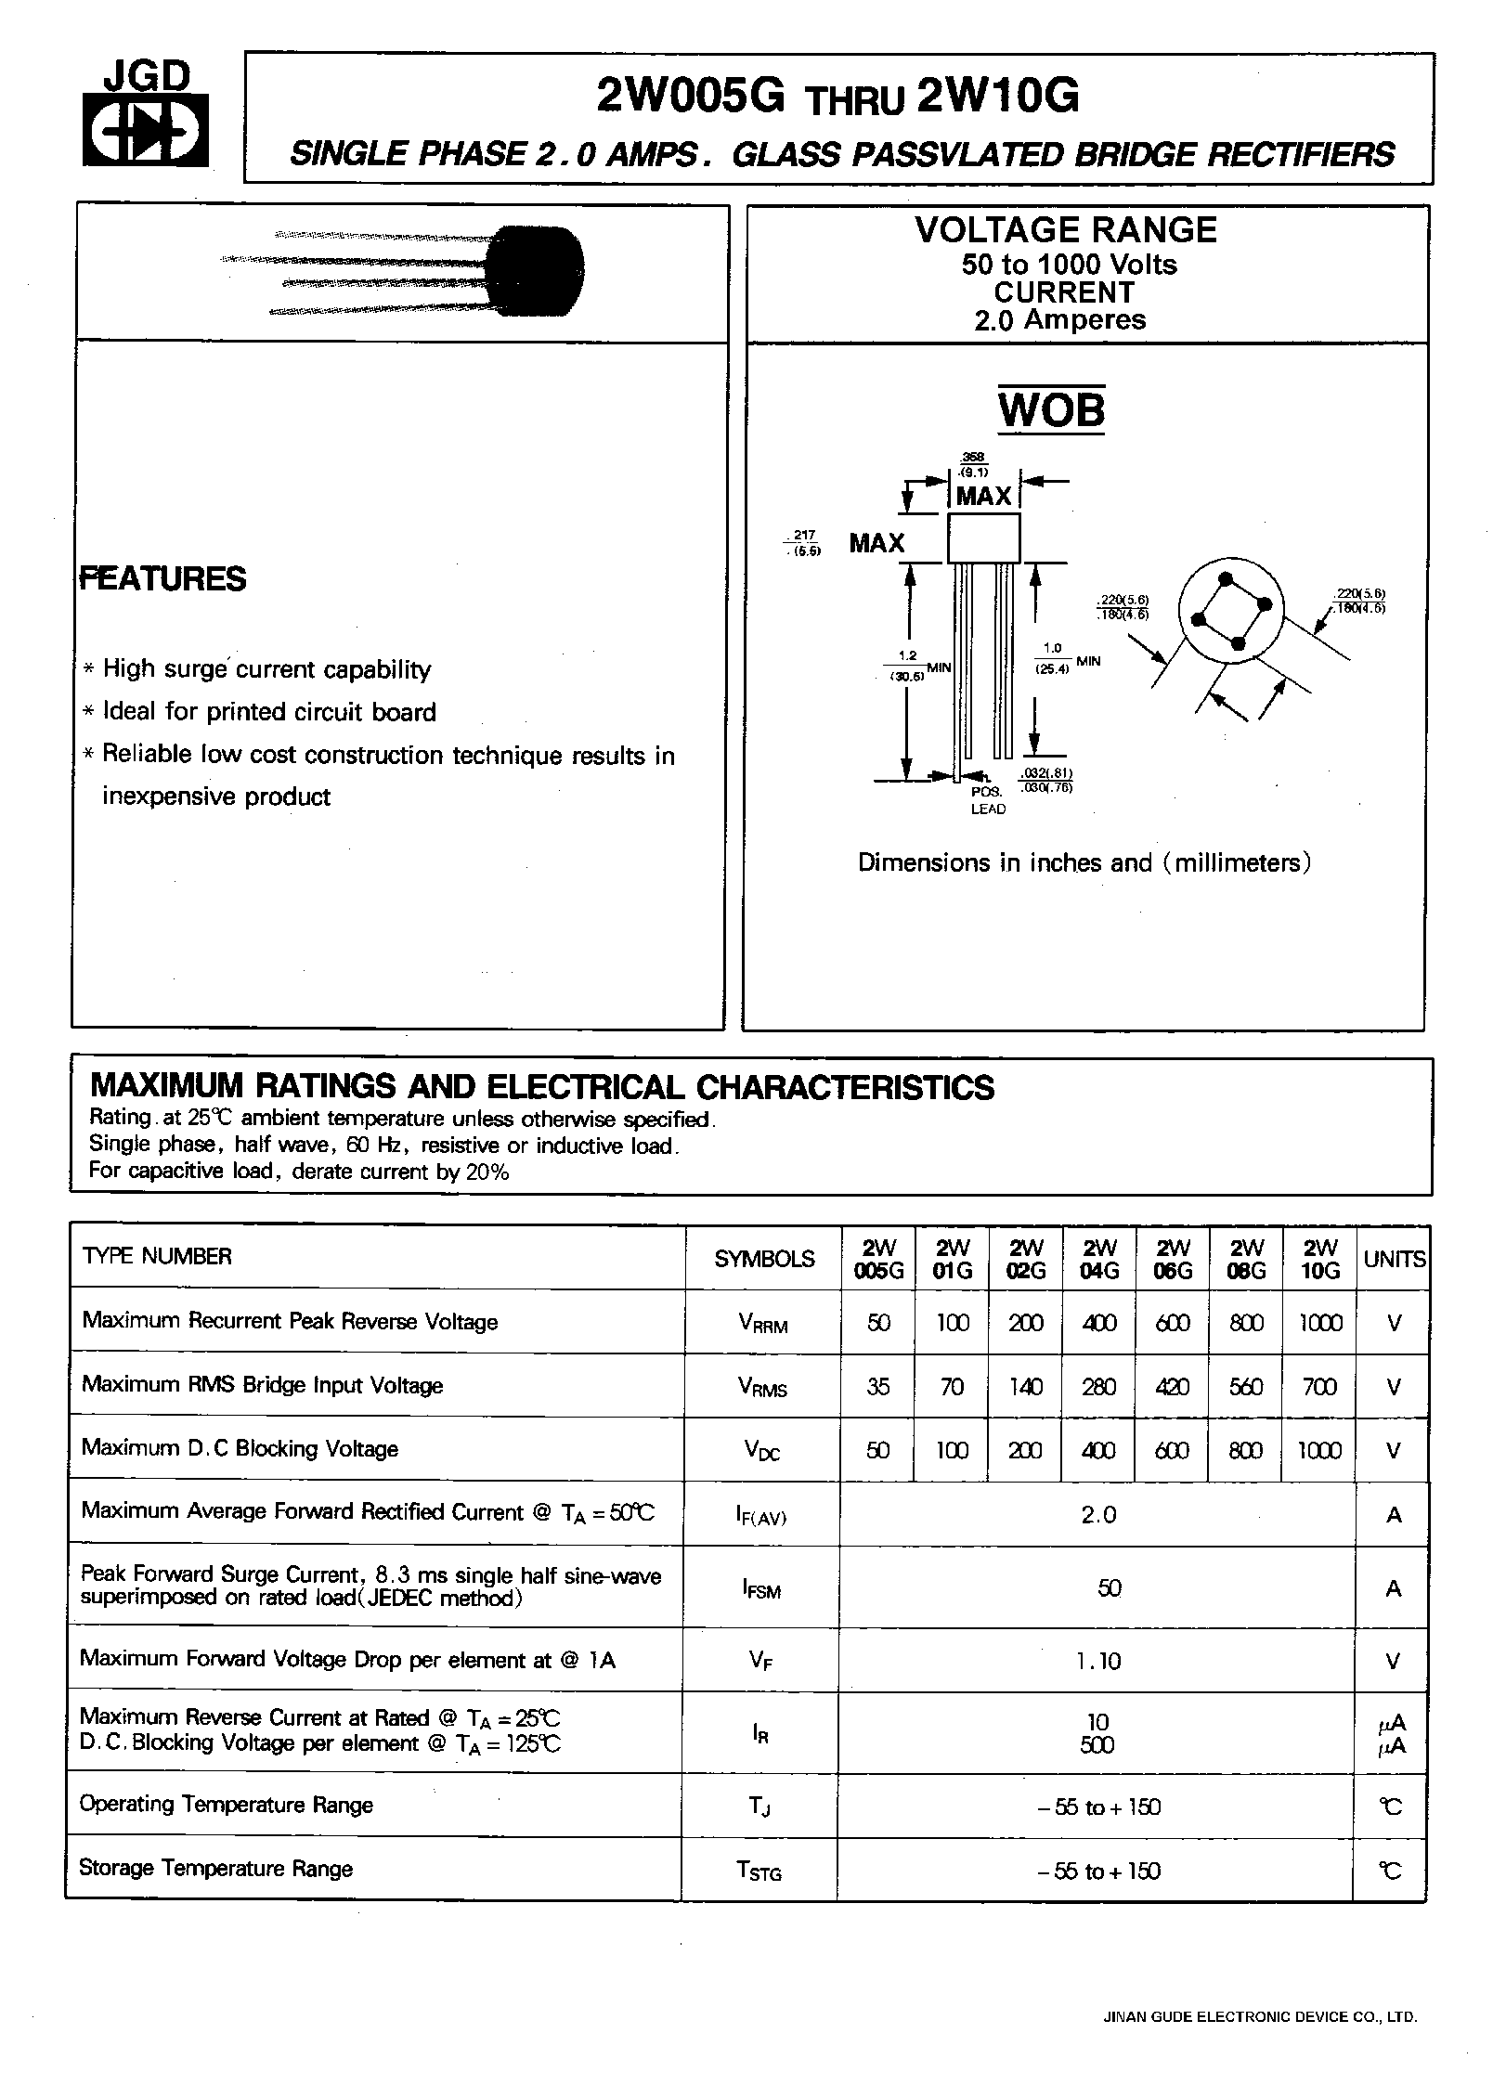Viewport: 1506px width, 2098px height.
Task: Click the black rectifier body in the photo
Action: click(x=537, y=271)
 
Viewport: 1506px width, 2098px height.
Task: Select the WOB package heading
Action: click(x=1051, y=410)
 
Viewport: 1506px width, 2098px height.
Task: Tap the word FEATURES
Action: click(x=163, y=578)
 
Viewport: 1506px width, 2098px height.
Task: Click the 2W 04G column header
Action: click(x=1099, y=1259)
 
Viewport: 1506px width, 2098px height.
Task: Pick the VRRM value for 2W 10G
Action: click(x=1319, y=1323)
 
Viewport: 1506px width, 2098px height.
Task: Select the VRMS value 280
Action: click(x=1099, y=1387)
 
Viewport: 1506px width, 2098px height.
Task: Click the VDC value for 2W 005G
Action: click(x=878, y=1450)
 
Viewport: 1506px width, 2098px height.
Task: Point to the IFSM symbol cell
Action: click(x=761, y=1589)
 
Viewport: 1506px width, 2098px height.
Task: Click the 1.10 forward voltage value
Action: click(x=1099, y=1661)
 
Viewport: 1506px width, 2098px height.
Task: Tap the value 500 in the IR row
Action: click(x=1097, y=1745)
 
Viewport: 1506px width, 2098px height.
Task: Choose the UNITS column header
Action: click(x=1394, y=1260)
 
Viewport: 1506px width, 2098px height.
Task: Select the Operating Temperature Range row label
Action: click(x=227, y=1805)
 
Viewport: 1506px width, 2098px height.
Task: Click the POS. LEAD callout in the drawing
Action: click(x=987, y=800)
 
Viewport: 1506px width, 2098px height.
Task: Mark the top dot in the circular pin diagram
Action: click(x=1226, y=579)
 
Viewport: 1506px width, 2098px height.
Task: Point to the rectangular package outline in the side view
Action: click(x=983, y=538)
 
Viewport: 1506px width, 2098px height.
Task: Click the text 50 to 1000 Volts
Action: click(x=1069, y=265)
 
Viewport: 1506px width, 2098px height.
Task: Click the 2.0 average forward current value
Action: click(x=1098, y=1514)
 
